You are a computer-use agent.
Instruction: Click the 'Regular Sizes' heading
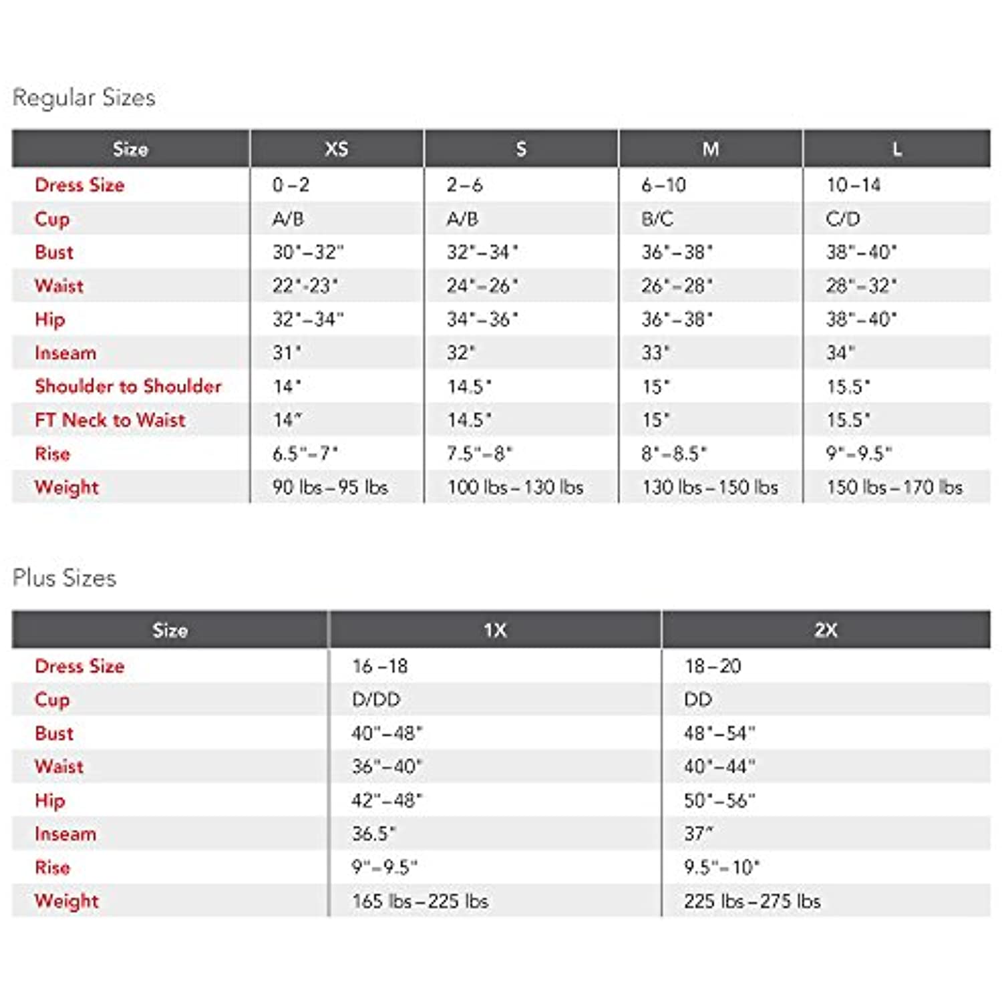click(84, 98)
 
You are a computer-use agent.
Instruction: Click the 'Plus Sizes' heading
click(65, 578)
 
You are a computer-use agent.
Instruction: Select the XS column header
click(337, 149)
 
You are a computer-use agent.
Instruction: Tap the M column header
click(711, 149)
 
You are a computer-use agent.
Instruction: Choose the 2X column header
click(826, 630)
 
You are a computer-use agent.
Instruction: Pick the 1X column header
click(495, 630)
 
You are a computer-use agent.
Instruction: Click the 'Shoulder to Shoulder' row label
click(128, 386)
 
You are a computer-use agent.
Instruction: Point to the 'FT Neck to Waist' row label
click(110, 420)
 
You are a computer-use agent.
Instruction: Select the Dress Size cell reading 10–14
click(854, 185)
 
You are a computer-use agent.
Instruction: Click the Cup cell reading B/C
click(657, 219)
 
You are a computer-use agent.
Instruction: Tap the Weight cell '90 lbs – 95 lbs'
click(330, 488)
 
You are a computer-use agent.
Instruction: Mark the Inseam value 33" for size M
click(655, 353)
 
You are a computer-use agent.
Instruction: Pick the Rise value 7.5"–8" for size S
click(480, 454)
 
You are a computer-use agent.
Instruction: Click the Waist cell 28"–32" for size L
click(861, 286)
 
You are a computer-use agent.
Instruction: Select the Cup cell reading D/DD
click(376, 700)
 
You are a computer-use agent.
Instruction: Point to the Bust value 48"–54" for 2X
click(719, 733)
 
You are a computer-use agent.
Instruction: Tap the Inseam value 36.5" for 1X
click(373, 834)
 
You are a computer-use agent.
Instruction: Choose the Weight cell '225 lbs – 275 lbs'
click(752, 901)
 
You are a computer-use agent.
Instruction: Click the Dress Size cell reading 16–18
click(380, 666)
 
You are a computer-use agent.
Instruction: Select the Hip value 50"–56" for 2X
click(719, 800)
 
